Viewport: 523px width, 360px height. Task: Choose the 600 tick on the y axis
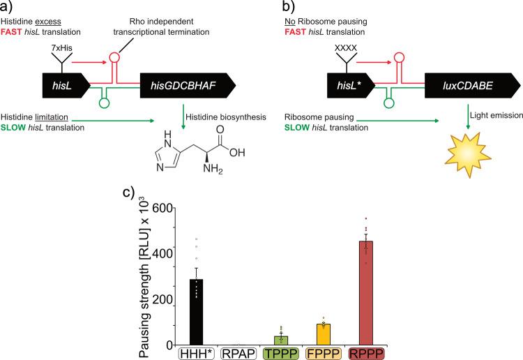click(x=162, y=209)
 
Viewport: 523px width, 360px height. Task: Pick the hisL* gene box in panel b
click(x=353, y=86)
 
